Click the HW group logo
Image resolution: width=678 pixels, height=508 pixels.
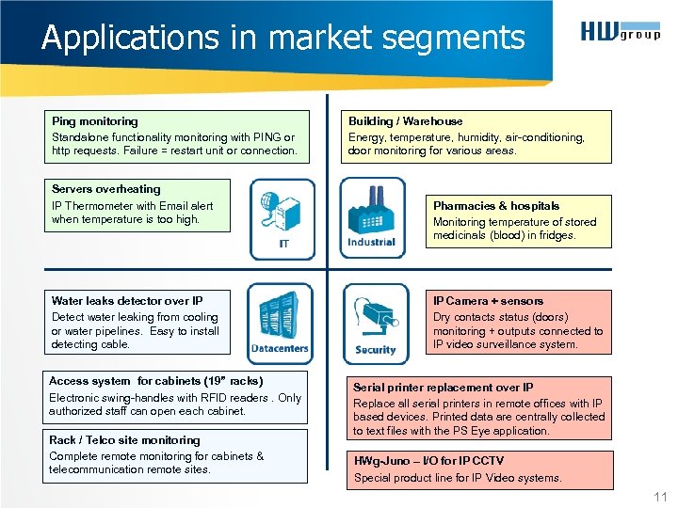pyautogui.click(x=620, y=33)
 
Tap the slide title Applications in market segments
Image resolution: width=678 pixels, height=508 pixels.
pyautogui.click(x=282, y=38)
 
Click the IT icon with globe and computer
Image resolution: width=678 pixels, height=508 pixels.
pyautogui.click(x=282, y=218)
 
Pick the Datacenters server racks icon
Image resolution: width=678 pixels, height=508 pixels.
pyautogui.click(x=280, y=323)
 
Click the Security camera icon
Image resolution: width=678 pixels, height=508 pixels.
pyautogui.click(x=375, y=323)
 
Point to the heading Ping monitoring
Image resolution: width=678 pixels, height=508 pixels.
pyautogui.click(x=94, y=121)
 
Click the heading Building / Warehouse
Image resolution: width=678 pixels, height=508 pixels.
pyautogui.click(x=405, y=121)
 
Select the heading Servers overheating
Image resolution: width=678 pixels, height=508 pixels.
pyautogui.click(x=105, y=189)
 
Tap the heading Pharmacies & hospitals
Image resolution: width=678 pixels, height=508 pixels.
pyautogui.click(x=495, y=206)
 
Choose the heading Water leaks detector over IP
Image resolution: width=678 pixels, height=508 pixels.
pyautogui.click(x=126, y=301)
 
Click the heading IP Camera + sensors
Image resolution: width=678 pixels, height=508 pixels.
pyautogui.click(x=488, y=301)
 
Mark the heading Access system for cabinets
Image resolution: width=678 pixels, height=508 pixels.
pyautogui.click(x=155, y=381)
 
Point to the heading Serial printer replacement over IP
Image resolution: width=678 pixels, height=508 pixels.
pyautogui.click(x=443, y=388)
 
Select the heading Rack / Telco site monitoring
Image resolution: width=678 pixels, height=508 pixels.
pyautogui.click(x=124, y=440)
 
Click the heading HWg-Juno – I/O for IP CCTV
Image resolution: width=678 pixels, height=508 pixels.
pyautogui.click(x=428, y=461)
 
